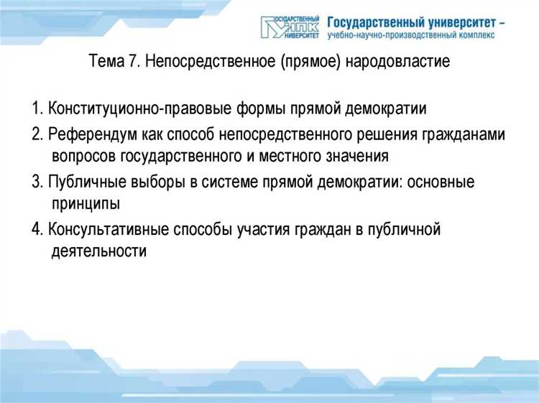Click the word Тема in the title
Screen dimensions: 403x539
[x=108, y=62]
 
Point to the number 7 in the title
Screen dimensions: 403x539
[x=133, y=62]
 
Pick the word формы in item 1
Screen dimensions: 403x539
[x=256, y=110]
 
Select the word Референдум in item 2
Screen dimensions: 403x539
[x=91, y=134]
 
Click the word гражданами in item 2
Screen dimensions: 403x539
[x=466, y=134]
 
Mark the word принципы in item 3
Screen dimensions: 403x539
[x=86, y=204]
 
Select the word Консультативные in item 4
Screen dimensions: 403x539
[x=109, y=230]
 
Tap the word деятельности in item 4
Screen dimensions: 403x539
[x=99, y=251]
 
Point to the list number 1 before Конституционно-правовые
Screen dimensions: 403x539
[x=35, y=110]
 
